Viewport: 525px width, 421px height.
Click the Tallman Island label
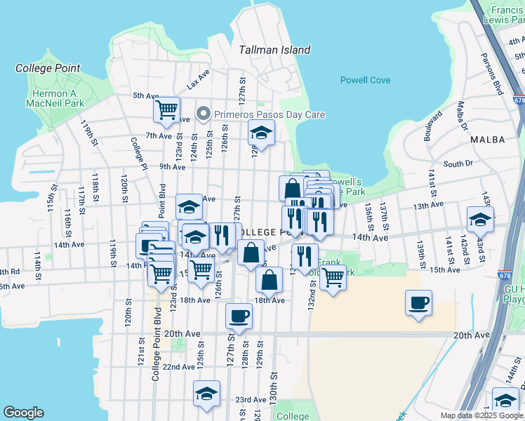coord(274,50)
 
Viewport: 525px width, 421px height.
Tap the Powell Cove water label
coord(365,80)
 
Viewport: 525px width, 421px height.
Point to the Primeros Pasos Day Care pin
coord(204,113)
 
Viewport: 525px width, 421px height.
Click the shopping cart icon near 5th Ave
coord(167,109)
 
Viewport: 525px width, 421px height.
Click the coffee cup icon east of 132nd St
coord(418,303)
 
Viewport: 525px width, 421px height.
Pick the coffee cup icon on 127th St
coord(239,316)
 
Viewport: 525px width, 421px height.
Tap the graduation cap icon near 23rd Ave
coord(207,393)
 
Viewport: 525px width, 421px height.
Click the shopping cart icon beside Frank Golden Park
coord(333,276)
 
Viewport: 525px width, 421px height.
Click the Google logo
coord(23,413)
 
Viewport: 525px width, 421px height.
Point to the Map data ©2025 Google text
coord(481,415)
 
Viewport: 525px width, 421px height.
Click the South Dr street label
coord(458,164)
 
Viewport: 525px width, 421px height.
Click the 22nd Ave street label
coord(178,366)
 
